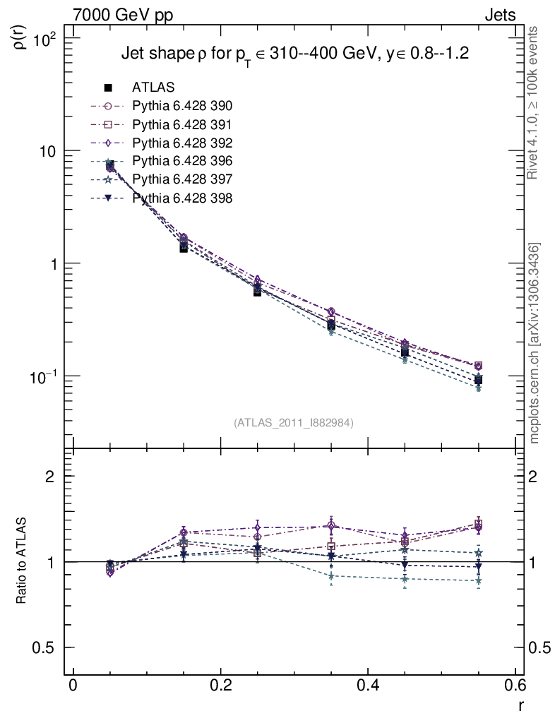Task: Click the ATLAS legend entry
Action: point(153,88)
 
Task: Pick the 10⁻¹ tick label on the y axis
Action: point(47,375)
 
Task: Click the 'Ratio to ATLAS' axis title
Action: point(22,561)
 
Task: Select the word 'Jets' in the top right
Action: point(499,15)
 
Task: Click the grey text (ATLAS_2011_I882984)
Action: point(294,422)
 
